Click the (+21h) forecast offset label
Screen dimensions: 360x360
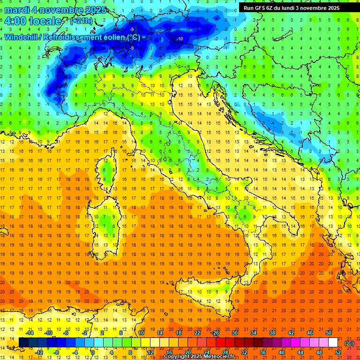(x=81, y=21)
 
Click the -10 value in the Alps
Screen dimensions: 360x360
(x=180, y=38)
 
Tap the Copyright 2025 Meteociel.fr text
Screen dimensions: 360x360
(x=199, y=357)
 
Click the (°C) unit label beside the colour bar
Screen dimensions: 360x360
(x=349, y=343)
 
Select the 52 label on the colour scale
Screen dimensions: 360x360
(x=337, y=352)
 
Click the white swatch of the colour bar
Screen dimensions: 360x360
(x=333, y=342)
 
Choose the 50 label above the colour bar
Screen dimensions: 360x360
(x=329, y=333)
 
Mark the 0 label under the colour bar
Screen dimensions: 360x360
(x=92, y=352)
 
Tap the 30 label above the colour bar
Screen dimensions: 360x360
(x=234, y=333)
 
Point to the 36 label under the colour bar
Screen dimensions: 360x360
(x=262, y=352)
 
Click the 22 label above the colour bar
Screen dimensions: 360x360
(x=197, y=333)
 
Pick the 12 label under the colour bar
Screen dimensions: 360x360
(x=150, y=352)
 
